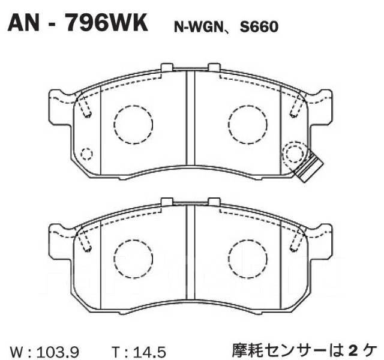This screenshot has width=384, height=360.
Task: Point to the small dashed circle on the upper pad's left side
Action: click(87, 154)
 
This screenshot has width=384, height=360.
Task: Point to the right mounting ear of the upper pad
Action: click(322, 101)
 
